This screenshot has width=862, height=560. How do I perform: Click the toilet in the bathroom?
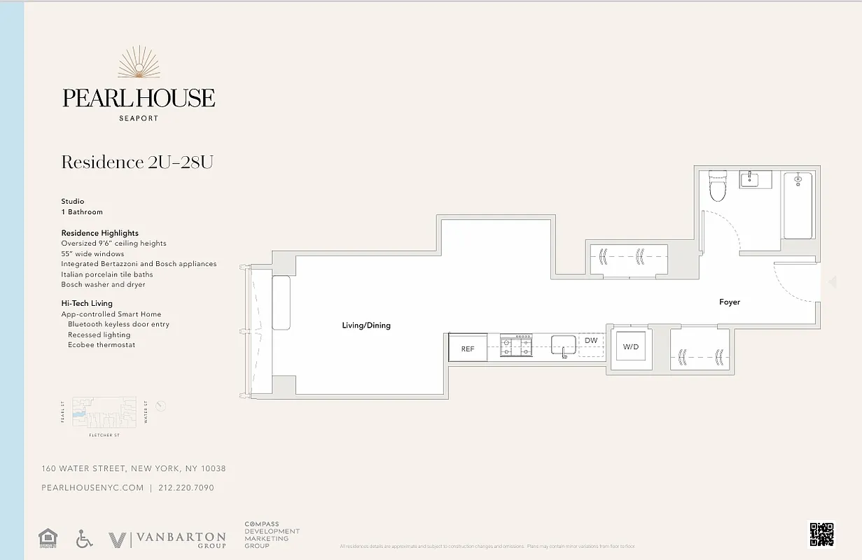pyautogui.click(x=718, y=186)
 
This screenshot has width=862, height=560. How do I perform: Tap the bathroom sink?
pyautogui.click(x=750, y=180)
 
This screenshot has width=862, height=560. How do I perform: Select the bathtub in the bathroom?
pyautogui.click(x=798, y=205)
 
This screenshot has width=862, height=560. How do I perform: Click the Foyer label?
pyautogui.click(x=729, y=302)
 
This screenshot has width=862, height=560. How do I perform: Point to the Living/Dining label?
pyautogui.click(x=366, y=325)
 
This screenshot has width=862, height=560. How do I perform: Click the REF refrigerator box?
pyautogui.click(x=468, y=348)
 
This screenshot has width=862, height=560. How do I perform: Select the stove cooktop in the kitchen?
pyautogui.click(x=515, y=346)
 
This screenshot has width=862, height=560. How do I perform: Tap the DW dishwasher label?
pyautogui.click(x=591, y=341)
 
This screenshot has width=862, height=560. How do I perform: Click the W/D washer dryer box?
pyautogui.click(x=631, y=347)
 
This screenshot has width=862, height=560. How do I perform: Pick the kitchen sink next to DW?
pyautogui.click(x=563, y=345)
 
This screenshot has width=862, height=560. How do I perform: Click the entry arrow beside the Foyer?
pyautogui.click(x=832, y=282)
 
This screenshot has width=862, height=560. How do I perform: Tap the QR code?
pyautogui.click(x=821, y=534)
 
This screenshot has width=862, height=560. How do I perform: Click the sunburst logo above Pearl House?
pyautogui.click(x=139, y=63)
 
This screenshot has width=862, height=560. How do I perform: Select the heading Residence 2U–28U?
pyautogui.click(x=137, y=162)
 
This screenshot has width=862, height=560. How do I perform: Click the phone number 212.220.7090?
pyautogui.click(x=186, y=488)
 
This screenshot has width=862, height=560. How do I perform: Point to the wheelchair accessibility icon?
pyautogui.click(x=84, y=538)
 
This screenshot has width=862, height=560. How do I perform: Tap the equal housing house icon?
pyautogui.click(x=48, y=538)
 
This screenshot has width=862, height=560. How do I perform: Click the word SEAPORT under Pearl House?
pyautogui.click(x=139, y=118)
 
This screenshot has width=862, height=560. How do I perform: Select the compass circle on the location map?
pyautogui.click(x=161, y=406)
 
